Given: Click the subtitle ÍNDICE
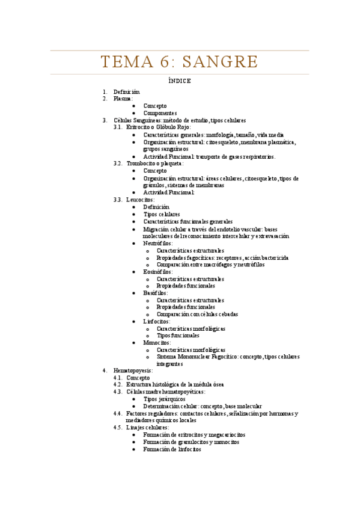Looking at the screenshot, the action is point(180,81).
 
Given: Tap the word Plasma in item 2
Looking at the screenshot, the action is point(123,99).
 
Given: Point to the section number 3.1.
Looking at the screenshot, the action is point(118,127).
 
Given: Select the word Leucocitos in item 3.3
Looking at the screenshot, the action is point(140,199).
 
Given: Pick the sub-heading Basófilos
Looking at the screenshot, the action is point(155,293).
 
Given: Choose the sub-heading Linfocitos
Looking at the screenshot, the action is point(156,322).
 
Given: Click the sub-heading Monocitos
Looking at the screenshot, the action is point(157,342).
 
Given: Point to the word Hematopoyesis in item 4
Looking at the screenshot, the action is point(133,370).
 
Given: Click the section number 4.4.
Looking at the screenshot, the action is point(118,413).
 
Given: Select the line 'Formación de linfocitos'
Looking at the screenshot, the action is point(172,449).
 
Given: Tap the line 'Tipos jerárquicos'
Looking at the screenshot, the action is point(164,399).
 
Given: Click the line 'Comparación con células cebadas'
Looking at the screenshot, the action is point(197,314).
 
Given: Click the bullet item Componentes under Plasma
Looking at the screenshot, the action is point(160,113).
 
